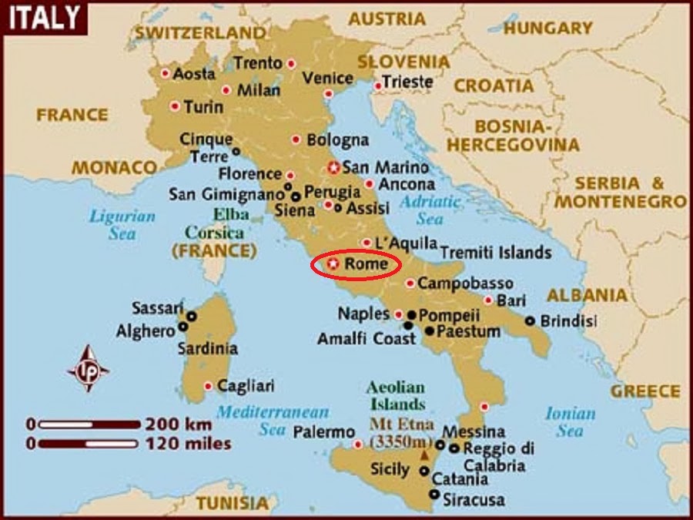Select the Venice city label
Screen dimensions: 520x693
(x=327, y=78)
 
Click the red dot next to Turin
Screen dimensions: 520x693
(x=175, y=106)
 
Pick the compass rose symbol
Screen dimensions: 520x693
(x=87, y=368)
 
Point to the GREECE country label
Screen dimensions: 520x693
(x=645, y=391)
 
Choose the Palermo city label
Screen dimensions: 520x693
(x=323, y=432)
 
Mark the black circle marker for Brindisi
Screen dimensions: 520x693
(x=530, y=320)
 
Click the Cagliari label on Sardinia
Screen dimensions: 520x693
(x=246, y=385)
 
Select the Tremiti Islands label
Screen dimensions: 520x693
(x=495, y=252)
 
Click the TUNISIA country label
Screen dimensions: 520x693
(x=231, y=503)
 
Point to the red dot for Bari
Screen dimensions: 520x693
(x=488, y=300)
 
